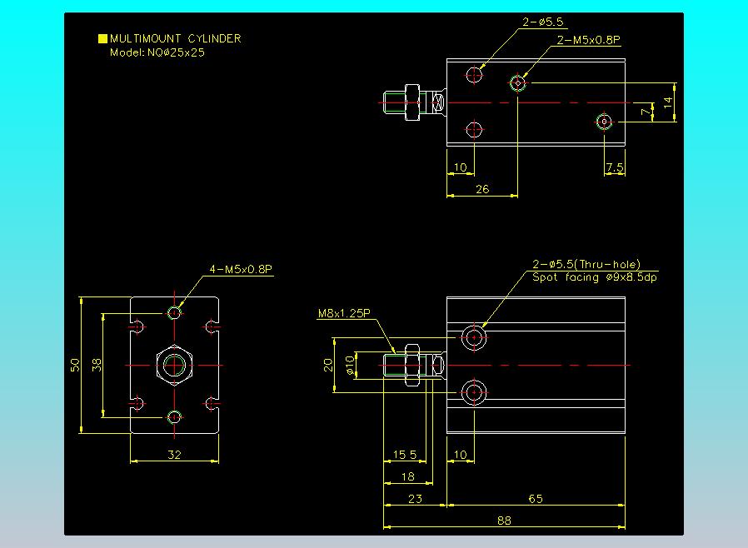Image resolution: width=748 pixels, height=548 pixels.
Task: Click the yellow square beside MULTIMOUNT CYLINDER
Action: point(102,38)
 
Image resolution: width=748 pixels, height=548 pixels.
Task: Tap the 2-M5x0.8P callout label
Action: point(589,39)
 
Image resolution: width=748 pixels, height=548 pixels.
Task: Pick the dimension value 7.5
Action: point(615,167)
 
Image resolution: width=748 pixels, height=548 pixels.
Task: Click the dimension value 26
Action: point(482,189)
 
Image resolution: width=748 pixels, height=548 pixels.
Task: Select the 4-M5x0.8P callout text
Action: point(242,269)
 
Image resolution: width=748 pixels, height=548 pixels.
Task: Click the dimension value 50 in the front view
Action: point(75,365)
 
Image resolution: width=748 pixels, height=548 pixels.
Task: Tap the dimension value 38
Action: point(97,365)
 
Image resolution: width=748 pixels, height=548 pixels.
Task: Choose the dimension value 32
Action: point(175,455)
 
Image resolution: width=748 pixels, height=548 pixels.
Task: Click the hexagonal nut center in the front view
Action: point(175,365)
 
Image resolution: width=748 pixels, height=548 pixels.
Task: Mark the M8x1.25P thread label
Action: point(343,314)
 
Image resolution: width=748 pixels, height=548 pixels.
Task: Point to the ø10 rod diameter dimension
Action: point(351,365)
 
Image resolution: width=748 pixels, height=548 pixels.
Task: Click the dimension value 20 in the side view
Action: point(328,365)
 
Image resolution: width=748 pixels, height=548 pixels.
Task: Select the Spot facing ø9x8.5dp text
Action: point(595,277)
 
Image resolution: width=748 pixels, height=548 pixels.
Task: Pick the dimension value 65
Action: point(536,499)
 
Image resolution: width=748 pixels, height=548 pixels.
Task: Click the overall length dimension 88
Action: point(503,521)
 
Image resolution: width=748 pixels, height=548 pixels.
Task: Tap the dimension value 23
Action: point(415,499)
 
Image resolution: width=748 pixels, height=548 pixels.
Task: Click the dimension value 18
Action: point(407,476)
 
